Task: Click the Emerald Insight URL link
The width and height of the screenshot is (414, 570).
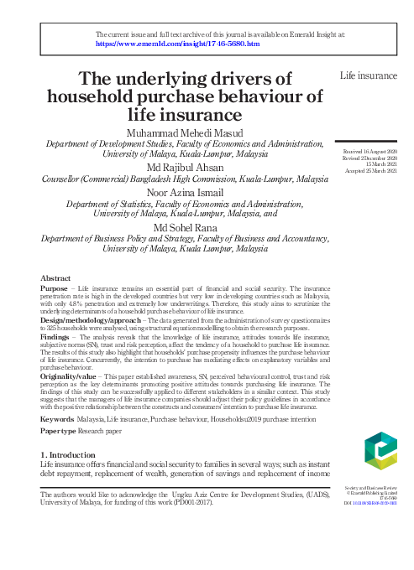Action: [178, 43]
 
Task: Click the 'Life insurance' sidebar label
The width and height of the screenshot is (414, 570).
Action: [368, 75]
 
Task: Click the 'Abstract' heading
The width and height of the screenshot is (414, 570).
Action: [56, 277]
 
